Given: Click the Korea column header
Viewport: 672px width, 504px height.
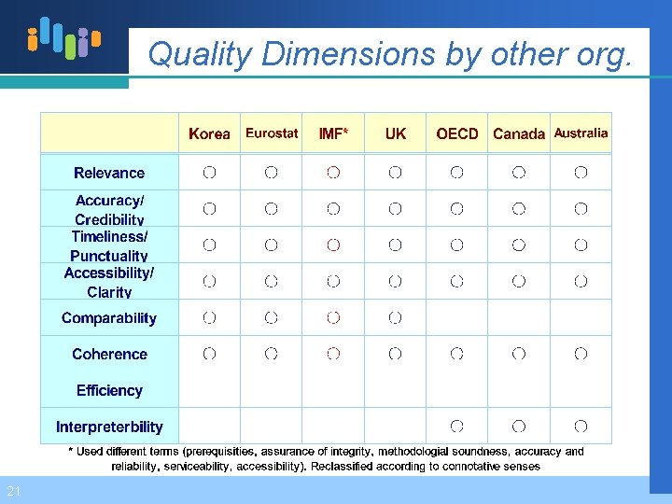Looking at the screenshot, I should pyautogui.click(x=209, y=133).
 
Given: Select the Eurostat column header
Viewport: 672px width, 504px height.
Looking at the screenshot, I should pyautogui.click(x=272, y=133).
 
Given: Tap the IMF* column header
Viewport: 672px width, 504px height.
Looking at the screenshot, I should pyautogui.click(x=333, y=133).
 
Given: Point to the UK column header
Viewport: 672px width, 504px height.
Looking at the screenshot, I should pyautogui.click(x=396, y=133).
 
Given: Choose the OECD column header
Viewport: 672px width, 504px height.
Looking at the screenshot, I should pyautogui.click(x=457, y=133).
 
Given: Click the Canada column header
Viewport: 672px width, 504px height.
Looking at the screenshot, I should pyautogui.click(x=519, y=133).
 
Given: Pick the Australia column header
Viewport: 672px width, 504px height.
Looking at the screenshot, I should pyautogui.click(x=581, y=133).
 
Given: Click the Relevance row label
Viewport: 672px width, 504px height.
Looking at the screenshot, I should pyautogui.click(x=109, y=173).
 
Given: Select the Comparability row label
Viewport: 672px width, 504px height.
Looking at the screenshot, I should pyautogui.click(x=109, y=318).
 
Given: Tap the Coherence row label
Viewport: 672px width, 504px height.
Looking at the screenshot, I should pyautogui.click(x=109, y=355).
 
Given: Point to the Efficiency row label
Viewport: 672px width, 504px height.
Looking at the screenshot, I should pyautogui.click(x=109, y=391).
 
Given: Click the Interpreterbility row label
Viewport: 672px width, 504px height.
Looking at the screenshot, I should pyautogui.click(x=109, y=427).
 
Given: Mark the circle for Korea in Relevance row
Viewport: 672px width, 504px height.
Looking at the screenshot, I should pyautogui.click(x=209, y=173).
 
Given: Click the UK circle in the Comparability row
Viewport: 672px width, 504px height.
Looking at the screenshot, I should pyautogui.click(x=396, y=318).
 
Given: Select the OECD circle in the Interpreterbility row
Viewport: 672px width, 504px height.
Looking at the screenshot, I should pyautogui.click(x=457, y=427).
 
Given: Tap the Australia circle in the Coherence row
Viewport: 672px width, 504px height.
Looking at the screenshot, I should pyautogui.click(x=581, y=354).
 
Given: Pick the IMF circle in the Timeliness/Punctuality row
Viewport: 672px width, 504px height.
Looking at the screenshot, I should pyautogui.click(x=333, y=245).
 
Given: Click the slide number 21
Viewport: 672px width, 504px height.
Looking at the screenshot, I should pyautogui.click(x=12, y=491).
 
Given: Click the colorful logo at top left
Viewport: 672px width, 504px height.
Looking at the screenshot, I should pyautogui.click(x=63, y=39).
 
